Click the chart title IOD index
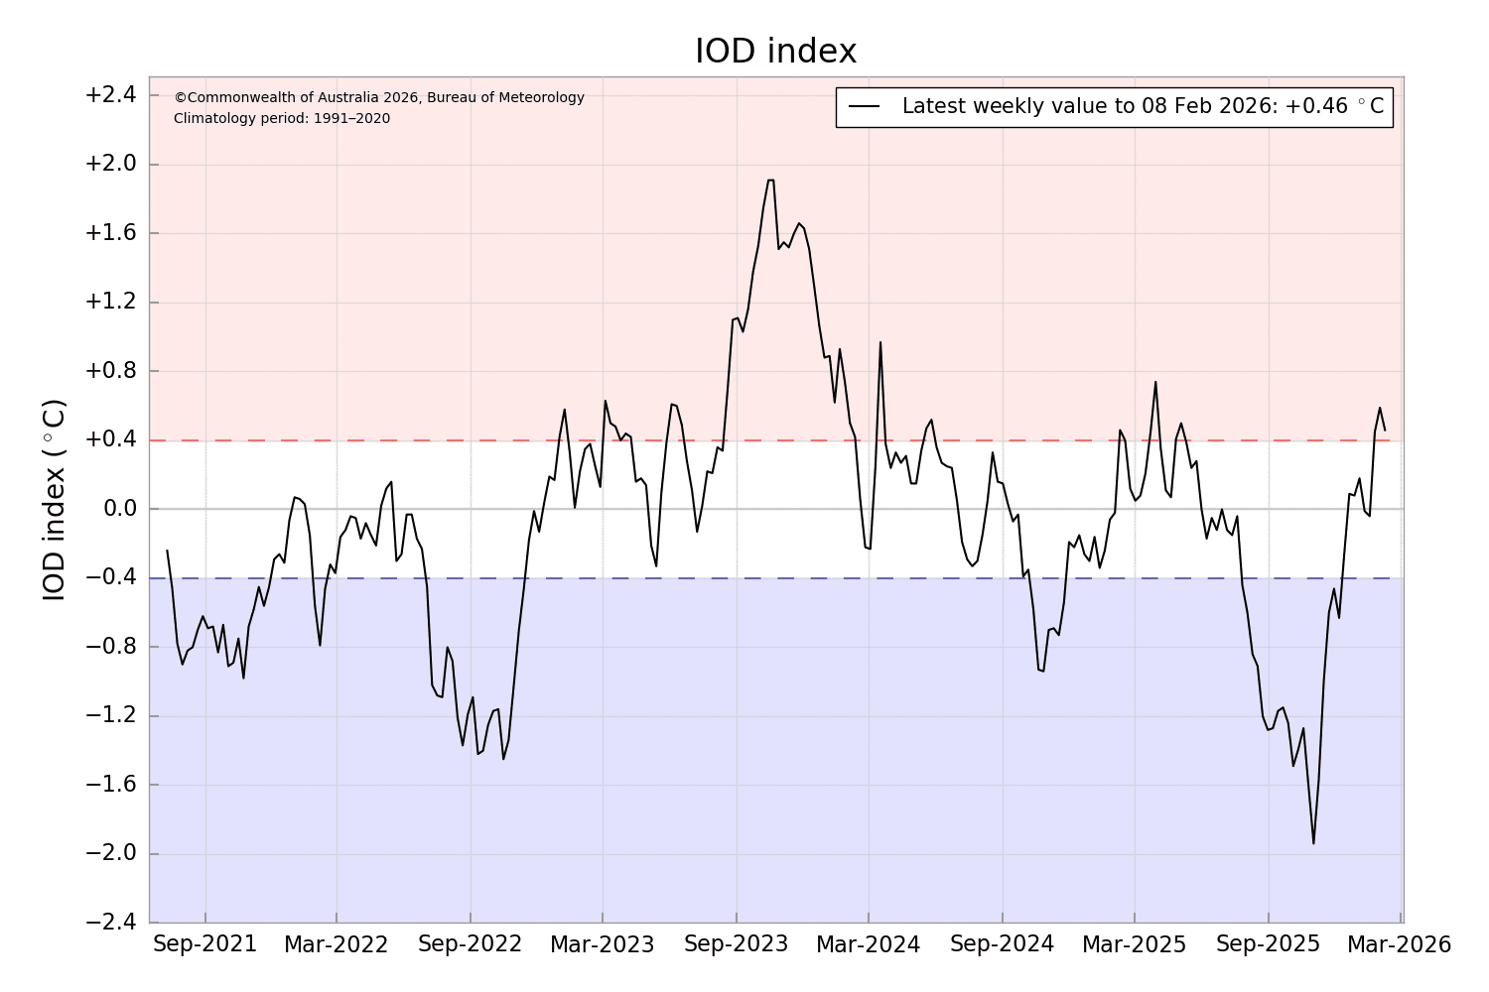tap(775, 52)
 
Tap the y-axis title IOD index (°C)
tap(55, 500)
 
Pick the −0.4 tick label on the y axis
tap(109, 578)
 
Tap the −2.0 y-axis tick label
tap(109, 854)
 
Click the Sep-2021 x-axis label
tap(204, 944)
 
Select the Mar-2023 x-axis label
tap(602, 944)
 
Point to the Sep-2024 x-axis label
tap(1002, 944)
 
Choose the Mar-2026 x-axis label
tap(1399, 944)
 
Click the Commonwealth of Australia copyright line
tap(379, 97)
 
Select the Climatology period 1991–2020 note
tap(282, 119)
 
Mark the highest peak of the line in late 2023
tap(770, 180)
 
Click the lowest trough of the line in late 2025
tap(1313, 843)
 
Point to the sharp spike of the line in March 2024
tap(880, 342)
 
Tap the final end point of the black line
tap(1385, 430)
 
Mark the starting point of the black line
tap(167, 550)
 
